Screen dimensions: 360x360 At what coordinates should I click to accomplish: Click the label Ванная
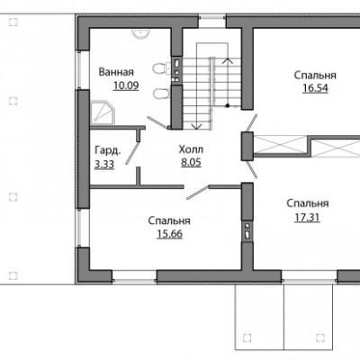[116, 72]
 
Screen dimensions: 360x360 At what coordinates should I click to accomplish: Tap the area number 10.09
[126, 85]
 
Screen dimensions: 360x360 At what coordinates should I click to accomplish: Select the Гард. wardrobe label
[108, 150]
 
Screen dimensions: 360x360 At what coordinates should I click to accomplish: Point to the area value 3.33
[104, 165]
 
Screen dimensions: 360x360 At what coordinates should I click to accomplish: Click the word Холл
[191, 149]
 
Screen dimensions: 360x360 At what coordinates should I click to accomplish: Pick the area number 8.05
[191, 162]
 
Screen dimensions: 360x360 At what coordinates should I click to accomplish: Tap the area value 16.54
[315, 88]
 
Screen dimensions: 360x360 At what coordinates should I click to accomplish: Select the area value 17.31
[307, 218]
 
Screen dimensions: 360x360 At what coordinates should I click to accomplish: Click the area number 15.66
[169, 234]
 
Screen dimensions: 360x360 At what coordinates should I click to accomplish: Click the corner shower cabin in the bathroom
[103, 112]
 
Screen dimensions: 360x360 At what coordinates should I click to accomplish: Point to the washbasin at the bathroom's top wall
[139, 33]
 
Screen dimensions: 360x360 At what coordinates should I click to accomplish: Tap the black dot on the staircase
[228, 105]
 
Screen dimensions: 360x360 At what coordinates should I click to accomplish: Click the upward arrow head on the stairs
[228, 60]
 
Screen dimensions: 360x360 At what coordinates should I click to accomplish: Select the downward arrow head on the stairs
[196, 126]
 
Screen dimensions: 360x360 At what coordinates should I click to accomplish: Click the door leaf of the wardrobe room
[132, 153]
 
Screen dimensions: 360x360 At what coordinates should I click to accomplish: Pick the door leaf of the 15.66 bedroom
[197, 193]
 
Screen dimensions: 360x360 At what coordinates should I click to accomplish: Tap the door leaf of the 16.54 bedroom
[251, 123]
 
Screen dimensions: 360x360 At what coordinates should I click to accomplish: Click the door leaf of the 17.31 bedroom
[251, 169]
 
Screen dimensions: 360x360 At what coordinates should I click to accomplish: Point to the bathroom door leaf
[158, 122]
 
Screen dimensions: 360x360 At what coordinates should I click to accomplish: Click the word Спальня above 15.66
[169, 221]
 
